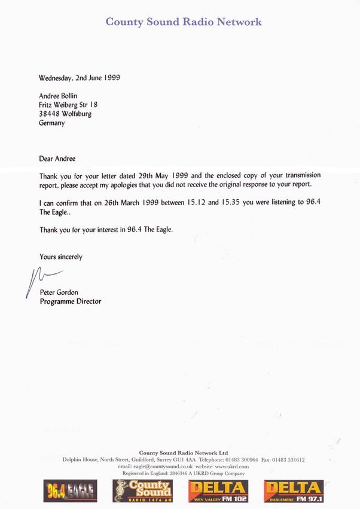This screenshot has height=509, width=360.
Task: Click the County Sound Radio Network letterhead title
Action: coord(184,22)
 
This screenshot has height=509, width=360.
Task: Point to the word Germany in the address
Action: coord(51,123)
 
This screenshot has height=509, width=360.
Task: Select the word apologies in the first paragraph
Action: coord(161,185)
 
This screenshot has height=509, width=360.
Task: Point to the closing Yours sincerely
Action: coord(60,257)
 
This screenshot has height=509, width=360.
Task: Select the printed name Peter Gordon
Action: coord(59,292)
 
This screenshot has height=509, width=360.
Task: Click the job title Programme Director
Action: coord(70,301)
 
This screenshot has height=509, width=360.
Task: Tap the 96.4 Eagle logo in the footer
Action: coord(70,491)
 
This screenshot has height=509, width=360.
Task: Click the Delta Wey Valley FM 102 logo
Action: coord(217,491)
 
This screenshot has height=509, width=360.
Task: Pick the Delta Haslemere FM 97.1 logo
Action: coord(293,491)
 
